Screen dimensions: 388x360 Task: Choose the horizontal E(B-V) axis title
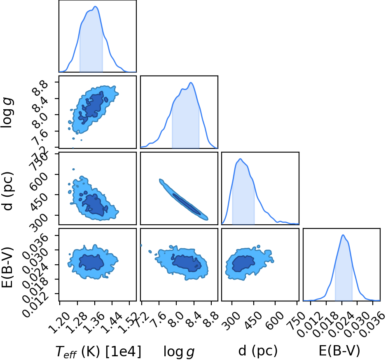click(x=339, y=351)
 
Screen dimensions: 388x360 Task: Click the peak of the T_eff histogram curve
click(x=96, y=7)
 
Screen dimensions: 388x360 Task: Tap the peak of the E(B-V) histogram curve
click(x=343, y=235)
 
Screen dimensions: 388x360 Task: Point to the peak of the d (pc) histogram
click(x=240, y=159)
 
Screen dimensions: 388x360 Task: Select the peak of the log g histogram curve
click(x=191, y=82)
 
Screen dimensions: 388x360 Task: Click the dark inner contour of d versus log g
click(x=187, y=204)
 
